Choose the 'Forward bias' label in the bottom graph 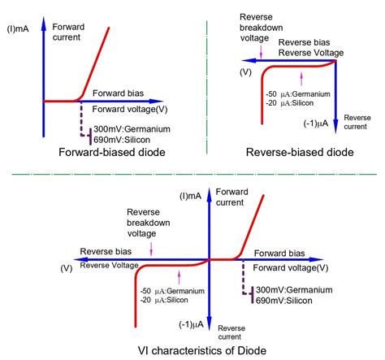click(x=281, y=251)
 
